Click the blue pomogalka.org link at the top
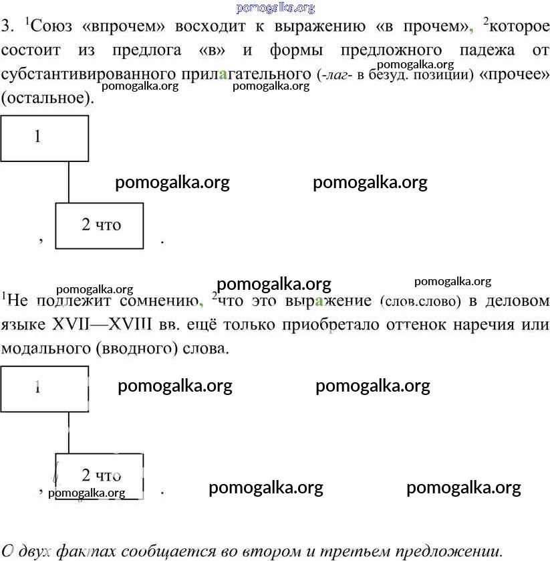pos(275,8)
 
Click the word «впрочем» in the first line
pos(124,27)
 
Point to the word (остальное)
pos(47,98)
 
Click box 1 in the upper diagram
pos(45,138)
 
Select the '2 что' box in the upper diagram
pos(100,226)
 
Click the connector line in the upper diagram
pos(69,182)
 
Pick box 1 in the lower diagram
pos(45,389)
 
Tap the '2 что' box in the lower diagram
pos(100,477)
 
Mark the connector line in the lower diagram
pos(69,433)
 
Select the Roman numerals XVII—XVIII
pos(102,325)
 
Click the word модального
pos(45,349)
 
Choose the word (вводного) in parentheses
pos(137,349)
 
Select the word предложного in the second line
pos(391,50)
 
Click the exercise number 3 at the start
pos(7,27)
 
